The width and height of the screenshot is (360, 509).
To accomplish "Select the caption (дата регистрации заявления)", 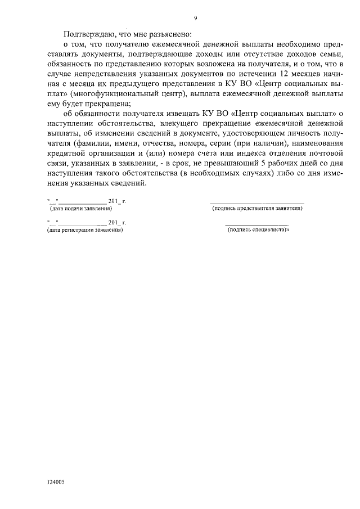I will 85,230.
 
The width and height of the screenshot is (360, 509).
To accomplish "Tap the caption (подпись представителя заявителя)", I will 257,209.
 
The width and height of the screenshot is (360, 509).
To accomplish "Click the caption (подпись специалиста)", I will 257,230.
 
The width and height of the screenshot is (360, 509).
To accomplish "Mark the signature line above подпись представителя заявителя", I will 257,202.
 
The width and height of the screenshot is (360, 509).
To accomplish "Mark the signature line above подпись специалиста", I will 257,224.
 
